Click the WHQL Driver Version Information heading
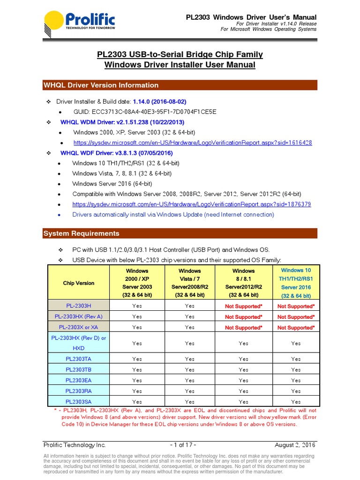(x=101, y=85)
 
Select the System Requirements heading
(x=81, y=233)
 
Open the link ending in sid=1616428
(x=193, y=142)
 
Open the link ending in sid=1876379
(x=191, y=204)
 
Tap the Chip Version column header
(x=78, y=283)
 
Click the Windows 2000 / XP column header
(x=137, y=283)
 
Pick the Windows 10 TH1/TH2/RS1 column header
(x=296, y=283)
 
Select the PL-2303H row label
(x=78, y=306)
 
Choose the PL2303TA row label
(x=78, y=359)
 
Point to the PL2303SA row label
(x=78, y=402)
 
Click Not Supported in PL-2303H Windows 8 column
(x=243, y=306)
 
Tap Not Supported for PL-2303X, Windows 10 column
(x=296, y=328)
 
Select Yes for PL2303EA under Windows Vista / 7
(x=189, y=381)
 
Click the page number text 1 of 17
(x=183, y=445)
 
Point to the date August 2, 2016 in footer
(x=295, y=445)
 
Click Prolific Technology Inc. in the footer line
(x=75, y=445)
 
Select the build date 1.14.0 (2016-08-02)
(x=159, y=101)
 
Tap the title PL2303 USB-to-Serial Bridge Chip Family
(x=180, y=54)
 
